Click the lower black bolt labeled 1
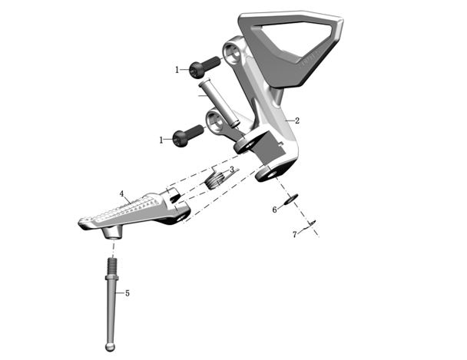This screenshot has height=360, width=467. point(188,136)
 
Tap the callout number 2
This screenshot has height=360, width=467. point(297,121)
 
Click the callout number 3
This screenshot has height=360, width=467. point(232,170)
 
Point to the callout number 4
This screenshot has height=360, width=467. point(121,193)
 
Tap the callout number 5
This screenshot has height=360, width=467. point(128,293)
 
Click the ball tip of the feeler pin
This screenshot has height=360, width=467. point(110,347)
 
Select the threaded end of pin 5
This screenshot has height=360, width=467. point(112,266)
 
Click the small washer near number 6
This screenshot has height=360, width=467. point(290,199)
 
